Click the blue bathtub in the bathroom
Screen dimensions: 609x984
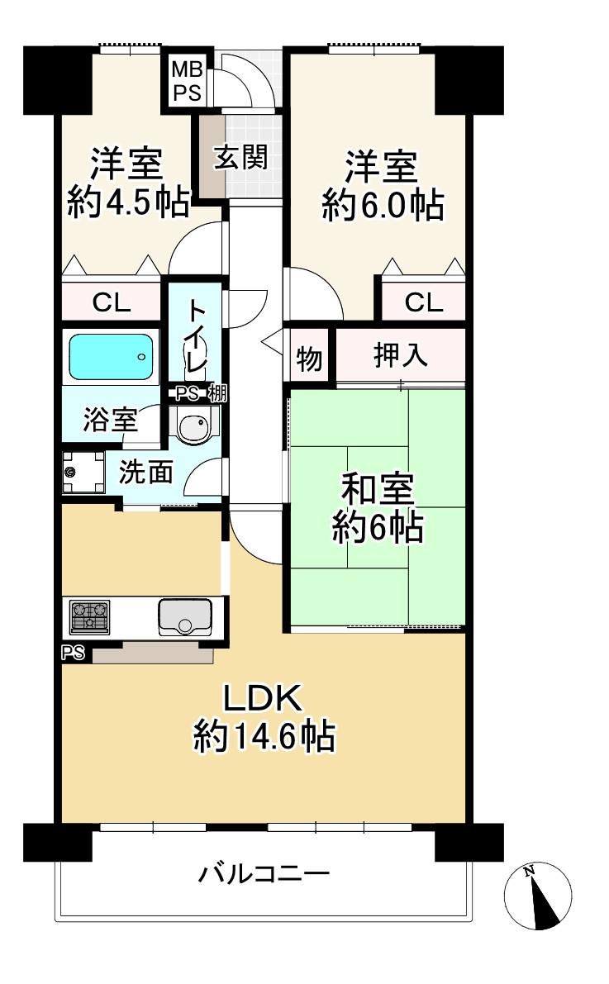[x=111, y=356]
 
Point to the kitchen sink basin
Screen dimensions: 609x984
[x=185, y=617]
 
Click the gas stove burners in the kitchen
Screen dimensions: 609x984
[x=89, y=616]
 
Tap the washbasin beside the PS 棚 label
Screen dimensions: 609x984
[x=195, y=425]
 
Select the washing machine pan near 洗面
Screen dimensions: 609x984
[x=83, y=472]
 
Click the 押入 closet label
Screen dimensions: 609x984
[x=401, y=355]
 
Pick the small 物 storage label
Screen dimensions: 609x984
[x=309, y=359]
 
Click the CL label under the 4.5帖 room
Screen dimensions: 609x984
[x=112, y=303]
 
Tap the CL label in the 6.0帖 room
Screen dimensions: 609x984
[x=424, y=303]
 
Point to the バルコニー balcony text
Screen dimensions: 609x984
[x=264, y=873]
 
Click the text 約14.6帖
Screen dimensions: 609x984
[x=264, y=735]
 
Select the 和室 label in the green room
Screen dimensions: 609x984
[x=378, y=489]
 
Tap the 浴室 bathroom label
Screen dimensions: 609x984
[x=111, y=419]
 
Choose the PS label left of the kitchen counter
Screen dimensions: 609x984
[x=74, y=654]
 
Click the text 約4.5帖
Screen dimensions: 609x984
[x=128, y=202]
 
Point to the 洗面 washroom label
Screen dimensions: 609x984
[x=146, y=472]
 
